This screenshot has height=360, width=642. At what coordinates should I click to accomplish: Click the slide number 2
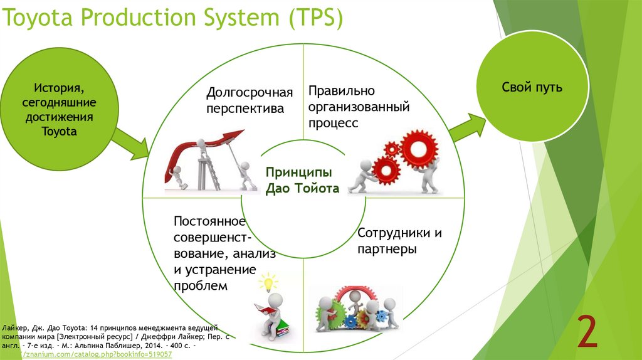[x=587, y=332]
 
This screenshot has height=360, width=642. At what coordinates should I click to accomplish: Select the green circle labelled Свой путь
[x=532, y=88]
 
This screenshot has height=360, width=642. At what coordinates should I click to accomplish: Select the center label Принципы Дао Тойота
[x=302, y=180]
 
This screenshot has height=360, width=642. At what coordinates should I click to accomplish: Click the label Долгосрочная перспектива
[x=250, y=100]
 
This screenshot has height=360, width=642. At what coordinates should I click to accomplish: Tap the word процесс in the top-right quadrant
[x=333, y=123]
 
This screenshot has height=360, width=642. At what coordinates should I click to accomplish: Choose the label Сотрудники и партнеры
[x=399, y=241]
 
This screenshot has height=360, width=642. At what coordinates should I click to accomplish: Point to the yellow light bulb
[x=268, y=282]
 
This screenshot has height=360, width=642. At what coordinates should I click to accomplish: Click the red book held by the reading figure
[x=263, y=310]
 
